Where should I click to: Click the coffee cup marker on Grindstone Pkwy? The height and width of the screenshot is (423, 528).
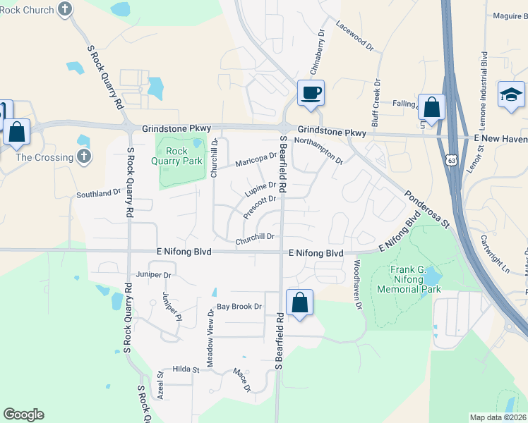(x=311, y=92)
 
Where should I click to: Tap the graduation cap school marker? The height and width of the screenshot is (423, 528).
(x=512, y=94)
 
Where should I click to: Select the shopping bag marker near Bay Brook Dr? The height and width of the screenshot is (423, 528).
(x=300, y=302)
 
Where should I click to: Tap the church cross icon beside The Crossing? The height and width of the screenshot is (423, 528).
(x=84, y=157)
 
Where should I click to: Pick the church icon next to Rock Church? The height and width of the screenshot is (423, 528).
(x=65, y=10)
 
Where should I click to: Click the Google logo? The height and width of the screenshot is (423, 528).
(x=23, y=415)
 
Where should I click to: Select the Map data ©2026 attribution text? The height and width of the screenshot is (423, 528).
(x=498, y=417)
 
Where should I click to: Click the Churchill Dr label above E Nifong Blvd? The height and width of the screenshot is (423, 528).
(x=254, y=239)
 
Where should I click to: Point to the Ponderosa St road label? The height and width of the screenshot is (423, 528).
(x=426, y=209)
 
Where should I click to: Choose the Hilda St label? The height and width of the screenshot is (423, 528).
(x=186, y=369)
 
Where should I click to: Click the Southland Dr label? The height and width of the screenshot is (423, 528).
(x=98, y=192)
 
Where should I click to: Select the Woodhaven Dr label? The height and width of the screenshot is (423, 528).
(x=357, y=285)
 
